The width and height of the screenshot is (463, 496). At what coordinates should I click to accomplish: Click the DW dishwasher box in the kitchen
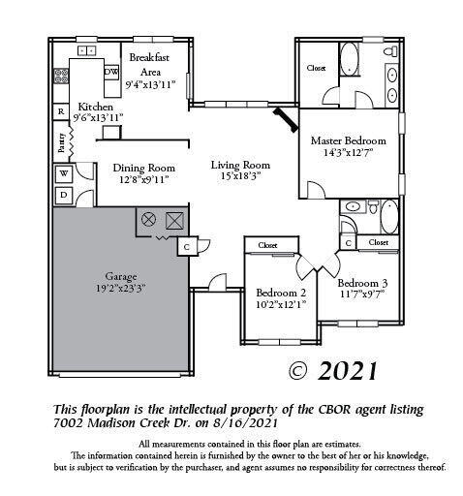111,72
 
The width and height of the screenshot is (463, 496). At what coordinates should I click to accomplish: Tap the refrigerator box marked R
61,111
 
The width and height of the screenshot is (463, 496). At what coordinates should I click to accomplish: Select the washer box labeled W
64,173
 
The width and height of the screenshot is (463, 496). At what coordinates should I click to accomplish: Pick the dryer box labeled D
64,195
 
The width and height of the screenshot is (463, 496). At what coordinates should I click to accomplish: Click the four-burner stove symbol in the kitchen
61,76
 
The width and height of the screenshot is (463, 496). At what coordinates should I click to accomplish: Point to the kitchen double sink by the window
87,50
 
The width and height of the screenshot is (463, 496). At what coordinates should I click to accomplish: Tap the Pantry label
62,142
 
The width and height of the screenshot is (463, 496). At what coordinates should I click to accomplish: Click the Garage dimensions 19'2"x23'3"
120,288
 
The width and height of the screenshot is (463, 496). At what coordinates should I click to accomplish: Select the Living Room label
240,165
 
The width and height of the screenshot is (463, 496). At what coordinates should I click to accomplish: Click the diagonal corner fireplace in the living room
286,119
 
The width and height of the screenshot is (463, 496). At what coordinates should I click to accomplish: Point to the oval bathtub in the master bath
350,59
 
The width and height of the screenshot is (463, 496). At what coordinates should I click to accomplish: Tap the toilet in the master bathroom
390,51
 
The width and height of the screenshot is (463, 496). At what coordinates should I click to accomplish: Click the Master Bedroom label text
349,140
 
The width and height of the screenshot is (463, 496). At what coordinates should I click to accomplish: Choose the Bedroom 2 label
281,293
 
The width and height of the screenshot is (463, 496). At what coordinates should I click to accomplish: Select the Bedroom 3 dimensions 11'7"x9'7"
362,294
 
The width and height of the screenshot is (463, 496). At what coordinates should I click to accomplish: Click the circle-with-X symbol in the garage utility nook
148,220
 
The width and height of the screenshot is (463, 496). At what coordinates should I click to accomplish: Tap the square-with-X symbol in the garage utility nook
174,221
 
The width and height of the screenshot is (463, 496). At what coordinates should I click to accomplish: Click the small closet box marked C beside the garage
187,247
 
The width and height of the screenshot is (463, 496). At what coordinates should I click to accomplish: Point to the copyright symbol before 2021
298,371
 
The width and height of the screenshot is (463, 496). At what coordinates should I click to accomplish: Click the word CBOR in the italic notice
332,409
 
